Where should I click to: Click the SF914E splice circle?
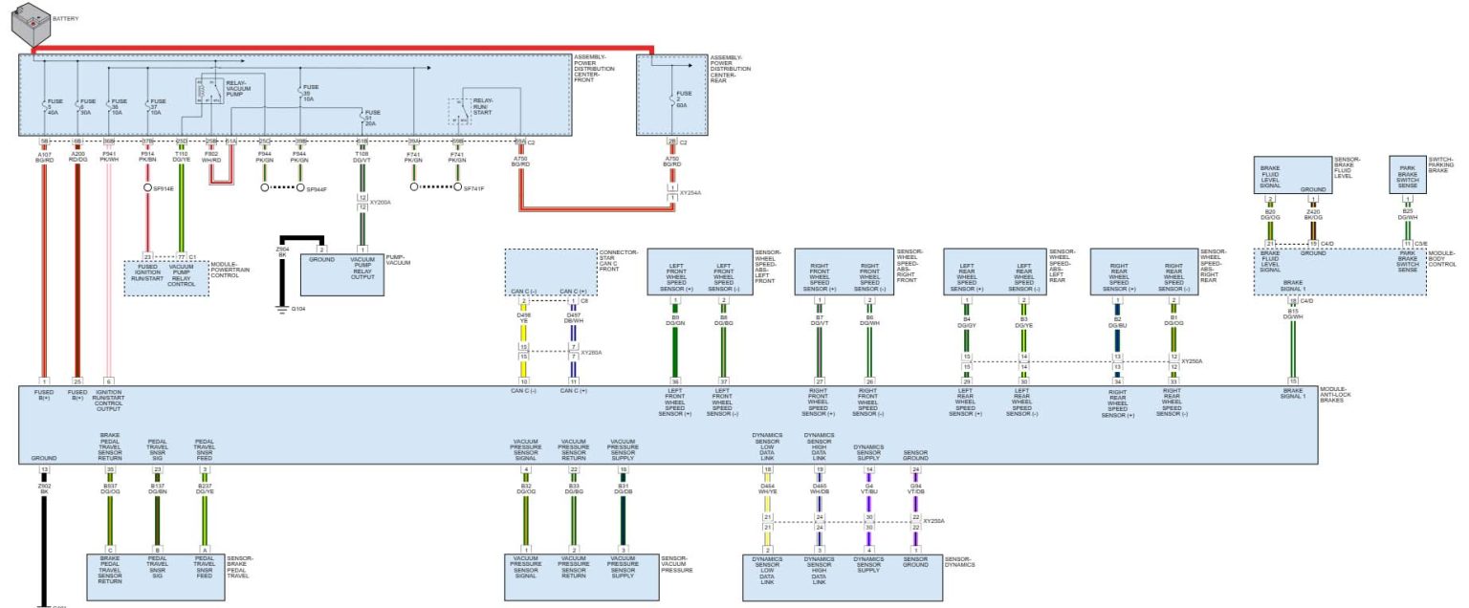point(149,189)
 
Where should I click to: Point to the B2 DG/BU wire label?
point(1116,324)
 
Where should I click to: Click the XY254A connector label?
point(691,192)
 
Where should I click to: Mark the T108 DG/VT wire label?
point(362,156)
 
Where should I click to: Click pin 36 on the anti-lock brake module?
point(675,381)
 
